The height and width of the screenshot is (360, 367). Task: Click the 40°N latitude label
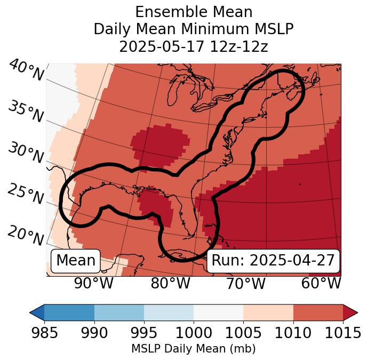click(x=26, y=71)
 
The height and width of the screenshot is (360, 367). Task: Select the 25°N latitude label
click(x=26, y=194)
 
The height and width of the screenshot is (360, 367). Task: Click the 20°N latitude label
click(x=26, y=236)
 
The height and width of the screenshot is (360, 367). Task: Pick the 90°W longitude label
click(x=93, y=284)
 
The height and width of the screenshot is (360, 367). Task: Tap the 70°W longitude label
click(x=246, y=284)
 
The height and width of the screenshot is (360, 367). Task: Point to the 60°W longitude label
click(x=321, y=284)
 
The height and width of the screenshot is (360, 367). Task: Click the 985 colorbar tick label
click(x=44, y=333)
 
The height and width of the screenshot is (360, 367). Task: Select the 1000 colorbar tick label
click(x=194, y=333)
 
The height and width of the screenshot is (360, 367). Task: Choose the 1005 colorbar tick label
click(x=243, y=333)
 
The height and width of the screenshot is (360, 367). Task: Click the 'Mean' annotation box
click(x=76, y=261)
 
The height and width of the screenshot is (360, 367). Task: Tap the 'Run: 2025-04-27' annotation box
click(x=273, y=261)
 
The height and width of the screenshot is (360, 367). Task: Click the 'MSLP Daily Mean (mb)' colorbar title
click(x=194, y=349)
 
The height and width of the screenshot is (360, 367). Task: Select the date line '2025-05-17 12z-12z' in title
click(x=194, y=46)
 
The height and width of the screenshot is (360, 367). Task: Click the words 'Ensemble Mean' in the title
click(x=194, y=12)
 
